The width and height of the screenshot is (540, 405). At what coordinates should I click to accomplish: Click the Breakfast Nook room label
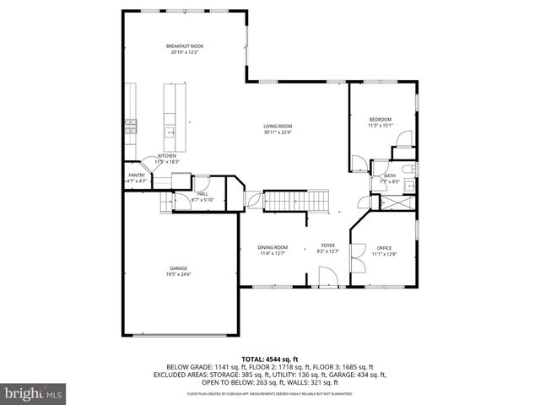[x=185, y=46]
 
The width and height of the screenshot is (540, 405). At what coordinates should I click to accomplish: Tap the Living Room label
[x=278, y=126]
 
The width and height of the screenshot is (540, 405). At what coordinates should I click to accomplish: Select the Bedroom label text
[x=381, y=120]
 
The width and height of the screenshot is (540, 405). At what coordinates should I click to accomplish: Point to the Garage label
[x=178, y=268]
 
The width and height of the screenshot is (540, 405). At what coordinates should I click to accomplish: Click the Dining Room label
[x=273, y=247]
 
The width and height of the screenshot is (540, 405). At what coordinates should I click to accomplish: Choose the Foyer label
[x=327, y=245]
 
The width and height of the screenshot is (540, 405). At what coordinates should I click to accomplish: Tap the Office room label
[x=385, y=247]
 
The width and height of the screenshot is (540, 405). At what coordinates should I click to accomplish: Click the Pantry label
[x=136, y=175]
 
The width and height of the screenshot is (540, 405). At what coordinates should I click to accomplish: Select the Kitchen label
[x=166, y=156]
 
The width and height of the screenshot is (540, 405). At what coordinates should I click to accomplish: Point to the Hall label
[x=203, y=194]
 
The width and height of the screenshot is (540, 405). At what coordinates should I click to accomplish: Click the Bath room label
[x=390, y=175]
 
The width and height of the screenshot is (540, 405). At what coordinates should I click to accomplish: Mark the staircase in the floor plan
[x=295, y=201]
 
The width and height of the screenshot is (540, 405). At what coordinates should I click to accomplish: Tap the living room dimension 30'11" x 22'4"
[x=278, y=132]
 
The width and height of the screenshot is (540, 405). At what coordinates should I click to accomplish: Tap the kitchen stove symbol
[x=131, y=127]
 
